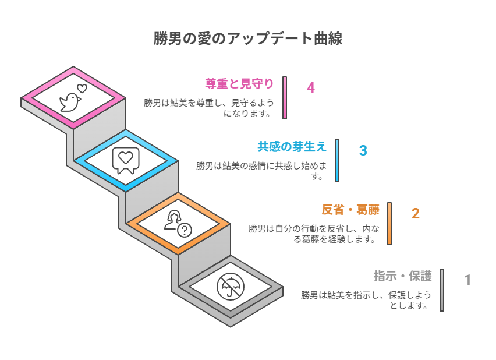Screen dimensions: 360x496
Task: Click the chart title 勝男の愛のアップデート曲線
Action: [247, 39]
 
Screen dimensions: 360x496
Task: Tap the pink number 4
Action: [311, 88]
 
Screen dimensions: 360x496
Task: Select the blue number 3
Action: [363, 151]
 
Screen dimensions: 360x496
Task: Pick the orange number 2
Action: [415, 214]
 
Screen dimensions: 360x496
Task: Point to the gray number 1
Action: [467, 280]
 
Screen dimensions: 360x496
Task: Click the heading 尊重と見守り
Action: [239, 83]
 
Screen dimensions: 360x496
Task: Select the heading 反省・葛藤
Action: [350, 209]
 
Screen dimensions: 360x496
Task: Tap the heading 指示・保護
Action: [402, 276]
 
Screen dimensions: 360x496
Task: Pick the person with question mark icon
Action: [178, 223]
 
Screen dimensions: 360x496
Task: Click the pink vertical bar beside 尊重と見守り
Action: [285, 98]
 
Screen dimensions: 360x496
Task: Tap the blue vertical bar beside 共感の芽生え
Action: [337, 161]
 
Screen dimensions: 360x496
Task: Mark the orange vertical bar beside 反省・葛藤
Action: [389, 224]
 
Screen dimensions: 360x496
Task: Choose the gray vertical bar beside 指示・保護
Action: [442, 290]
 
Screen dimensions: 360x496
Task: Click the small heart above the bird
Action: [82, 89]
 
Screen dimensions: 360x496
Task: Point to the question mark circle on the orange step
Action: [185, 230]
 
